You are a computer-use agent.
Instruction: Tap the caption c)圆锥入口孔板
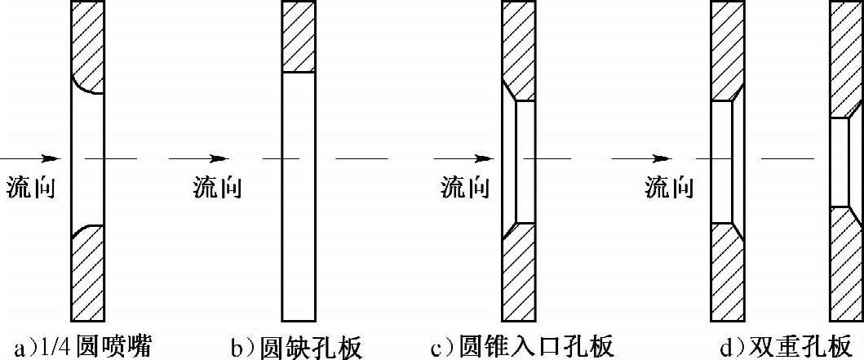[x=522, y=347]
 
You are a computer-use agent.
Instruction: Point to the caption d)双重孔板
[x=779, y=347]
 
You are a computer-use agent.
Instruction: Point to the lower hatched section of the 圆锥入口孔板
[x=519, y=273]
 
